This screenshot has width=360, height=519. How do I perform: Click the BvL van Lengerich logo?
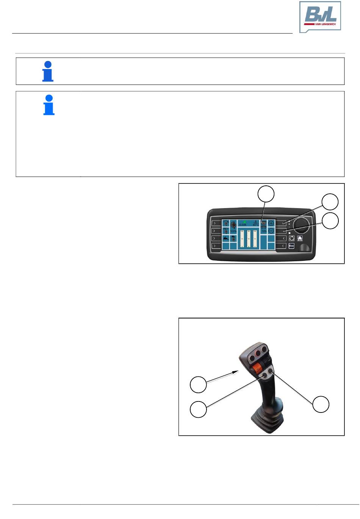click(x=320, y=17)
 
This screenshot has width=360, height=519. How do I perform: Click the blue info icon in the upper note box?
click(x=48, y=71)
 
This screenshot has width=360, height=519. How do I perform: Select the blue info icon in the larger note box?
click(x=49, y=105)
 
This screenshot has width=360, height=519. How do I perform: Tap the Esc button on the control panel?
click(x=291, y=246)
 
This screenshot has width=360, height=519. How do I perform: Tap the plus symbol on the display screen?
click(x=271, y=223)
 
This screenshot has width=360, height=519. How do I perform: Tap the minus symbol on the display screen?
click(x=271, y=231)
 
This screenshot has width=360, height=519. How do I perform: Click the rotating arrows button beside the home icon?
click(x=292, y=238)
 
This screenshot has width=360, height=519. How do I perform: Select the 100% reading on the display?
click(x=233, y=231)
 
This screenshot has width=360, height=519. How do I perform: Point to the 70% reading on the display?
click(x=264, y=231)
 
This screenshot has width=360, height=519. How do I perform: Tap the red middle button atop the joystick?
click(x=258, y=354)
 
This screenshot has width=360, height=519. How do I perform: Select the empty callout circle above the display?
click(x=266, y=194)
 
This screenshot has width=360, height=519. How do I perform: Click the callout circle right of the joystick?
click(x=321, y=405)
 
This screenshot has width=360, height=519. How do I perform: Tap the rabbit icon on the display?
click(x=226, y=238)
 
